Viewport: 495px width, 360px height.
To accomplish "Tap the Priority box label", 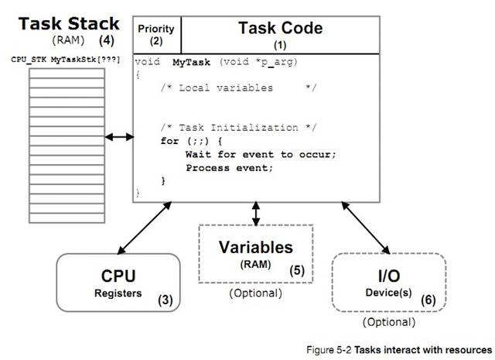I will point(156,29).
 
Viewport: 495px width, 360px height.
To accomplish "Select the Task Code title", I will point(280,29).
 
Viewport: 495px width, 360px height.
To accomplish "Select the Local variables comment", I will point(238,87).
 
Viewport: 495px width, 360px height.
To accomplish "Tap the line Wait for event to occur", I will point(261,154).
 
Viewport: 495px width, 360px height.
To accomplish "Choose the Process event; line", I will point(229,167).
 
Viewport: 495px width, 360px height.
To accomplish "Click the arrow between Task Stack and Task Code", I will point(119,137).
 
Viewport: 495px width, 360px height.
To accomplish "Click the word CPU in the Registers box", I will point(119,276).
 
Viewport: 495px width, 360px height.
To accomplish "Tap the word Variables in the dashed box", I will point(254,248).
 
